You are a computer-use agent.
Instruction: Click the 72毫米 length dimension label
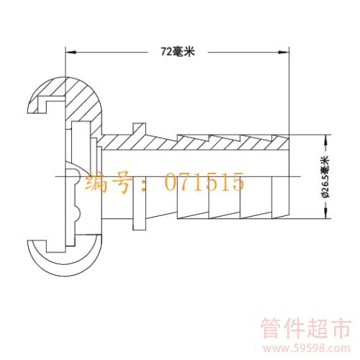pyautogui.click(x=178, y=52)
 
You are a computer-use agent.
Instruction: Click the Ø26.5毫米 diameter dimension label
pyautogui.click(x=325, y=177)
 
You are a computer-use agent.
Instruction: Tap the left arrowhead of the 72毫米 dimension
pyautogui.click(x=71, y=52)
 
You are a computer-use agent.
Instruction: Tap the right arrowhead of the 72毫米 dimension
pyautogui.click(x=283, y=52)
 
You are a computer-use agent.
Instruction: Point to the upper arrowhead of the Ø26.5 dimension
pyautogui.click(x=325, y=140)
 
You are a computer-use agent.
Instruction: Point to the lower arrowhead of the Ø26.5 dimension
pyautogui.click(x=325, y=213)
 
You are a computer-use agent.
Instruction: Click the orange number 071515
pyautogui.click(x=204, y=182)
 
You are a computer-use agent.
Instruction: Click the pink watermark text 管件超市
pyautogui.click(x=306, y=328)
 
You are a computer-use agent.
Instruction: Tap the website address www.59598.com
pyautogui.click(x=307, y=348)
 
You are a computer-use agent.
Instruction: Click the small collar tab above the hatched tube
pyautogui.click(x=139, y=129)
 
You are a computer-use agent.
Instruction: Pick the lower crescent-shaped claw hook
pyautogui.click(x=66, y=258)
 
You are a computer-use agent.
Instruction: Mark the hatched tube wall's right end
pyautogui.click(x=289, y=143)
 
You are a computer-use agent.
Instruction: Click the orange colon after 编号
pyautogui.click(x=143, y=185)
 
